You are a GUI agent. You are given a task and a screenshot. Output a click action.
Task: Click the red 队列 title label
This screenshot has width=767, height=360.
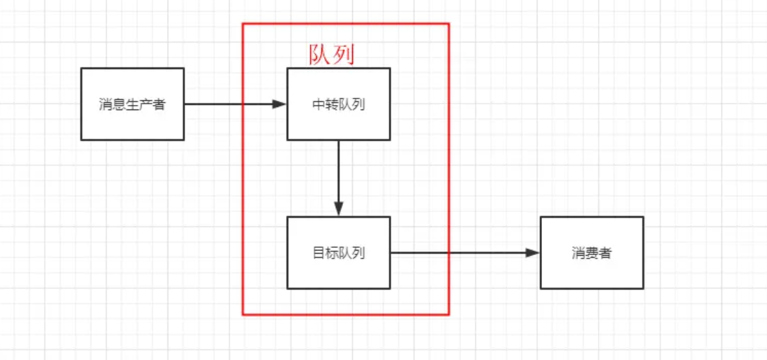[x=331, y=55]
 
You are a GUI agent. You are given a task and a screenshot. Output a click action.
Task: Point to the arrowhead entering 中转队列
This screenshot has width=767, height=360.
[x=280, y=104]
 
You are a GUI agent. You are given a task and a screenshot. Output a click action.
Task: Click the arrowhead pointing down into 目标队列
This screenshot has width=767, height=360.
[x=338, y=209]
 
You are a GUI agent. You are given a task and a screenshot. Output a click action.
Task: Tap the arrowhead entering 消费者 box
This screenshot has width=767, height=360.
[x=533, y=253]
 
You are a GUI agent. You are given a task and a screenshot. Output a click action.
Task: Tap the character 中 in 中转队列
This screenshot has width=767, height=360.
[x=319, y=104]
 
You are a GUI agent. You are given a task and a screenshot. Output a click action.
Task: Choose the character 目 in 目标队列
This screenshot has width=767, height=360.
[x=319, y=253]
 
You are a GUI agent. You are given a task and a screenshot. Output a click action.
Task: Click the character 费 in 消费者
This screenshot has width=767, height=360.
[x=592, y=253]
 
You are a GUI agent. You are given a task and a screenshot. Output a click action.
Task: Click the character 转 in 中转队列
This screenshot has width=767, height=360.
[x=332, y=104]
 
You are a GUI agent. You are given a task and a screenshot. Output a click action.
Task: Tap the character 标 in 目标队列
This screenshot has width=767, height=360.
[x=332, y=253]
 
